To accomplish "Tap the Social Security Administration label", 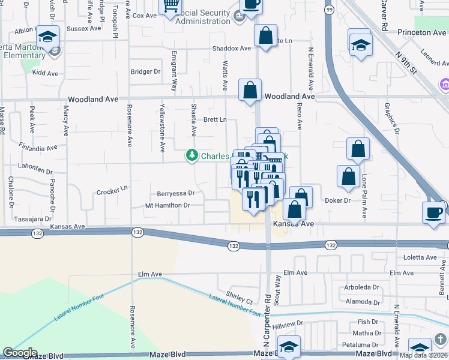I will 195,17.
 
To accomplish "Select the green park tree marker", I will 192,156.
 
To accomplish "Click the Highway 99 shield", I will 329,10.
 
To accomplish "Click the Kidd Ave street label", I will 45,73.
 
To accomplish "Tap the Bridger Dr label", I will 146,71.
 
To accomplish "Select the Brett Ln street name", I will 214,119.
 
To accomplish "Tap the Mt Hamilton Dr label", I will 167,205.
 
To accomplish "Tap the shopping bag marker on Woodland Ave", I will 249,91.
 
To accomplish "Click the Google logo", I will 20,353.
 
